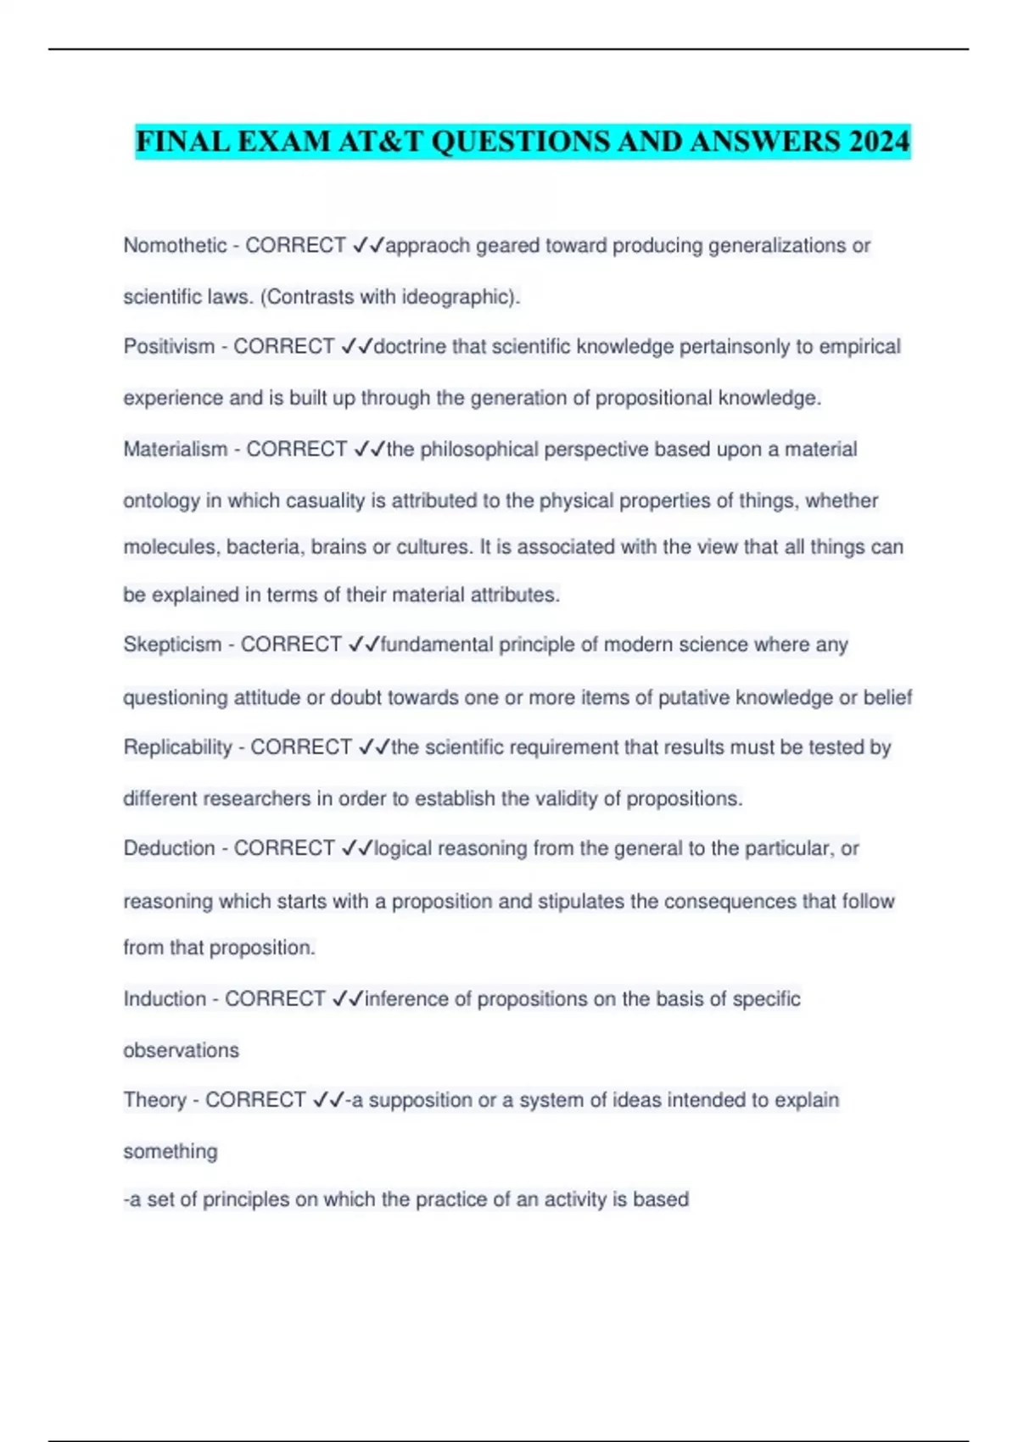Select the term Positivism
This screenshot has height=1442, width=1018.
click(170, 347)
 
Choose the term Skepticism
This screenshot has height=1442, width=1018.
click(173, 645)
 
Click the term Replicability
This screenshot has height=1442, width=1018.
click(178, 747)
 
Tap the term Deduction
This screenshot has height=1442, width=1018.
click(170, 848)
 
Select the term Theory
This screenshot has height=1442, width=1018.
click(155, 1100)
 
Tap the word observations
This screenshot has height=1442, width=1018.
click(182, 1051)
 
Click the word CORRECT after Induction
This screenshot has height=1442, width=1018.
click(276, 999)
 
